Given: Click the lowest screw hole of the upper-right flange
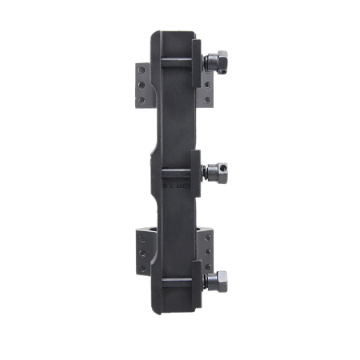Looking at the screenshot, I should [207, 99].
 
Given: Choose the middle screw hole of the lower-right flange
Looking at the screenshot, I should [207, 250].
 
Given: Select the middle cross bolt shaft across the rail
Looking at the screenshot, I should [180, 170].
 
